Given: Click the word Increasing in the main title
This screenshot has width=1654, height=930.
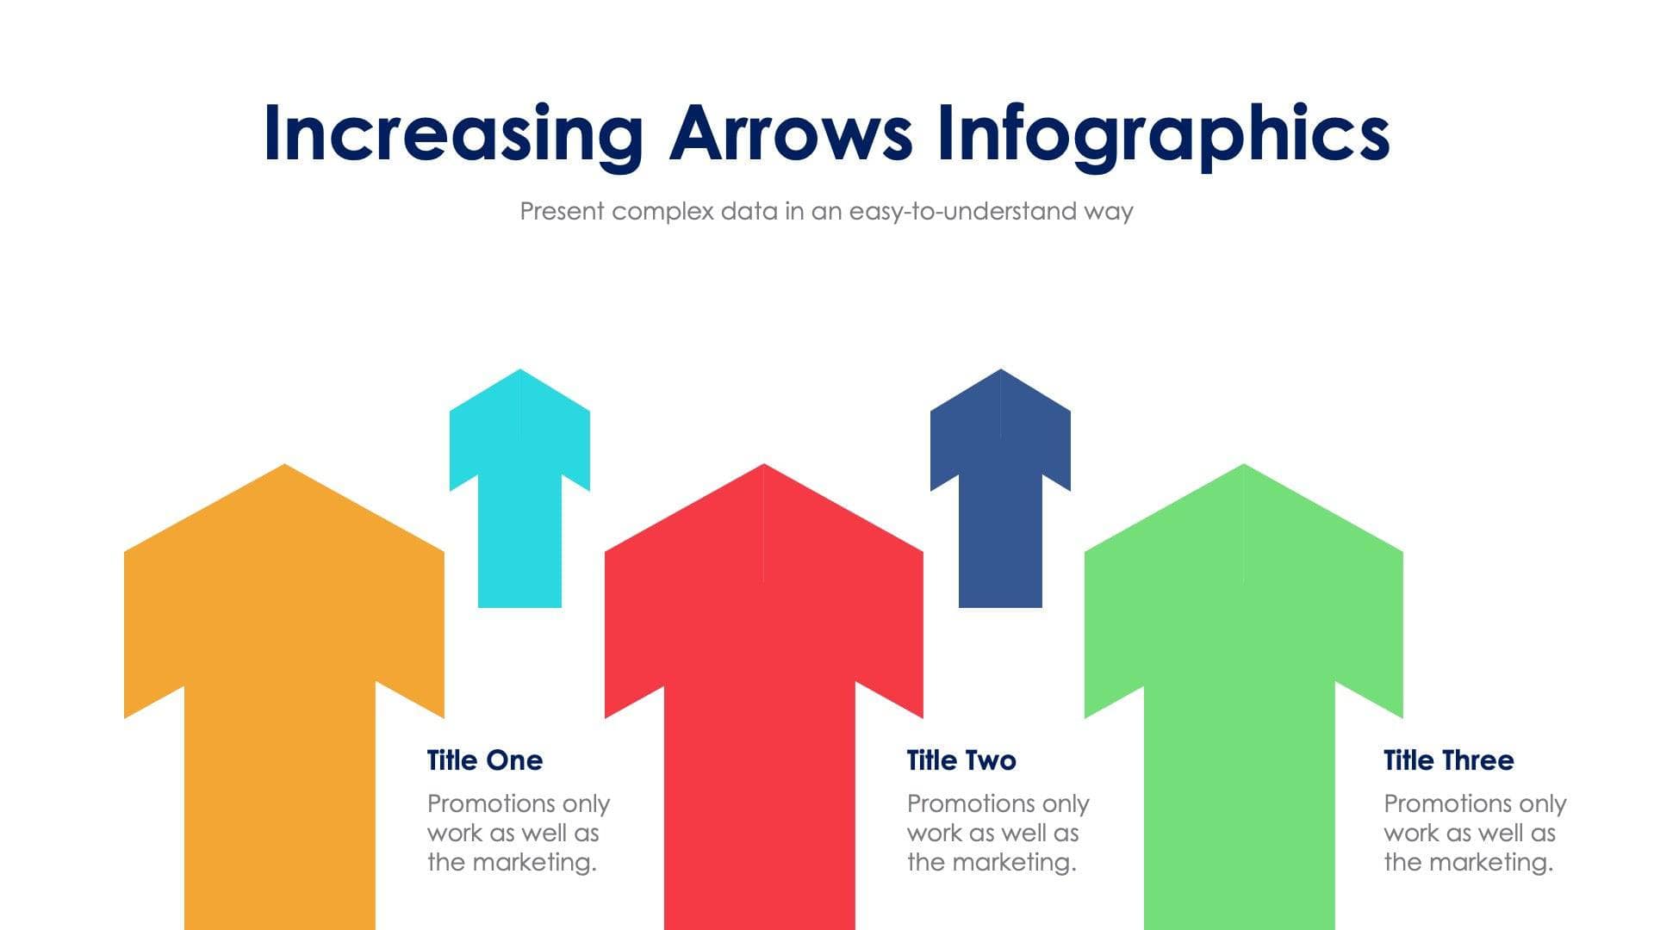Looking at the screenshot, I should [452, 133].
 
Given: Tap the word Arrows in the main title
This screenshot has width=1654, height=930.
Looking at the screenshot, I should [790, 133].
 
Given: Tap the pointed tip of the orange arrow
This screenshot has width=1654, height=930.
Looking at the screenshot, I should [284, 467].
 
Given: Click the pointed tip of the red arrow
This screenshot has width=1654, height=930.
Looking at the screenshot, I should [764, 467].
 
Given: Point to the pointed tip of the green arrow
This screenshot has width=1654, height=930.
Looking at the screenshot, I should [1243, 467].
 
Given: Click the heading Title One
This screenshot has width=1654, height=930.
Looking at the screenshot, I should [485, 760].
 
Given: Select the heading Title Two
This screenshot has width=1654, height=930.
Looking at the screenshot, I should [961, 760].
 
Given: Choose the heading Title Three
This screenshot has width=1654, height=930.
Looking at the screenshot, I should [1449, 760].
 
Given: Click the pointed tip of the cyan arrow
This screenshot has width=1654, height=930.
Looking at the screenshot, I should [519, 372].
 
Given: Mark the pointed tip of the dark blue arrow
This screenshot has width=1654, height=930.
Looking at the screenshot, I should [1000, 372].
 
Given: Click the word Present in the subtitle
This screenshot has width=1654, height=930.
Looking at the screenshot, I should [562, 211].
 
